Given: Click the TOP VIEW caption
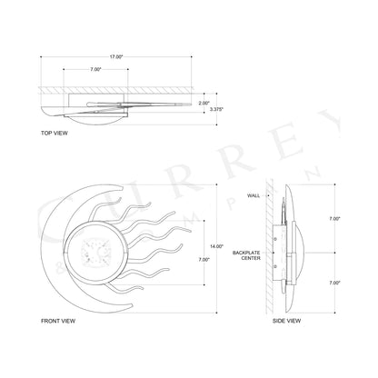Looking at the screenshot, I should tap(55, 132).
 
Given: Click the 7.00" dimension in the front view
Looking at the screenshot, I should tap(204, 260).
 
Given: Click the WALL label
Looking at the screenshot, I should tap(254, 196).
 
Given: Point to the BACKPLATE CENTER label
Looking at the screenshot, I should tap(247, 255).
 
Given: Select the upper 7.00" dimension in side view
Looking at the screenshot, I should tap(335, 219).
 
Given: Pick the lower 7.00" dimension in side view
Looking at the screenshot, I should tap(335, 283).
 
